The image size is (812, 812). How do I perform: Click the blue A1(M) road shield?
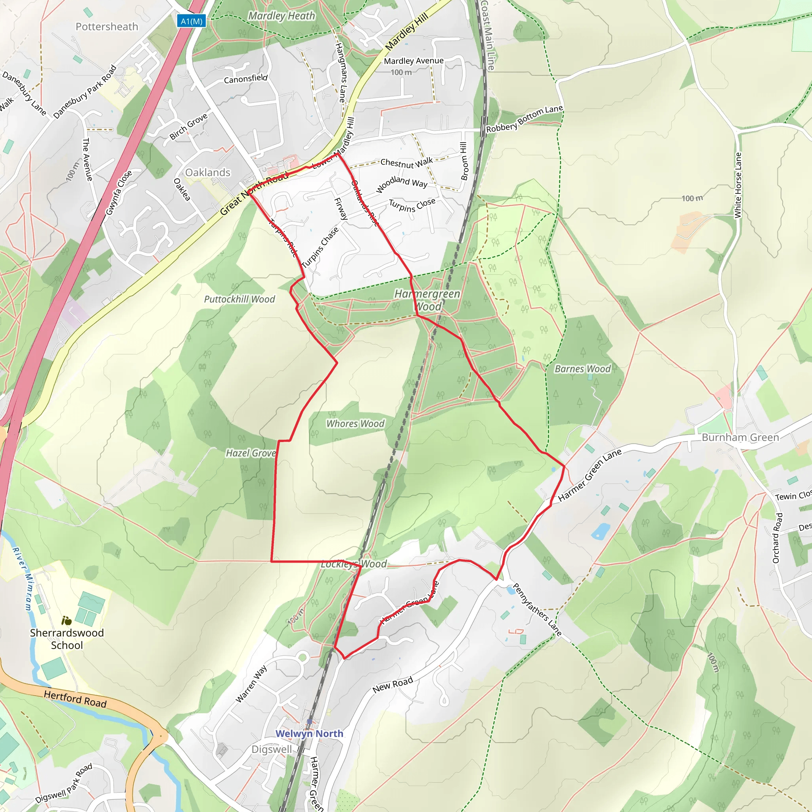(x=191, y=21)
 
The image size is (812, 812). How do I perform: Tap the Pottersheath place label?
(x=107, y=27)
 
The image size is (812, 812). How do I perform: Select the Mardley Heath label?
(x=282, y=16)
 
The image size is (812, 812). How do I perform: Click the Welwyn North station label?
(x=309, y=733)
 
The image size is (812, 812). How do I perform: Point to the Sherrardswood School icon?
(x=66, y=620)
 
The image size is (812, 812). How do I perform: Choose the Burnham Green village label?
(x=740, y=438)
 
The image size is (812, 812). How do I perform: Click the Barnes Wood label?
(x=582, y=369)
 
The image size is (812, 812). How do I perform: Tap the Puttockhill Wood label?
(x=239, y=299)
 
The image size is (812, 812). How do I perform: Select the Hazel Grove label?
(x=251, y=453)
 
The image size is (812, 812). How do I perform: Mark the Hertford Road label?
(x=75, y=699)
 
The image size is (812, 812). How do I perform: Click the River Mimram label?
(x=23, y=578)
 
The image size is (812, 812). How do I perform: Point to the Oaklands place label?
(x=208, y=172)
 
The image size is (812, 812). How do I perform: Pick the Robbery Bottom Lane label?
(x=525, y=119)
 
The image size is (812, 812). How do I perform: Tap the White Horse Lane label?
(x=737, y=185)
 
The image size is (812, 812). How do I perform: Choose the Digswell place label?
(x=272, y=749)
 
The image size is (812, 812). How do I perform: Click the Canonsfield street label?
(x=245, y=79)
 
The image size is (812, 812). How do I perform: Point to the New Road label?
(x=393, y=685)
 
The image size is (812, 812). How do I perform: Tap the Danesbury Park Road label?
(x=85, y=92)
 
